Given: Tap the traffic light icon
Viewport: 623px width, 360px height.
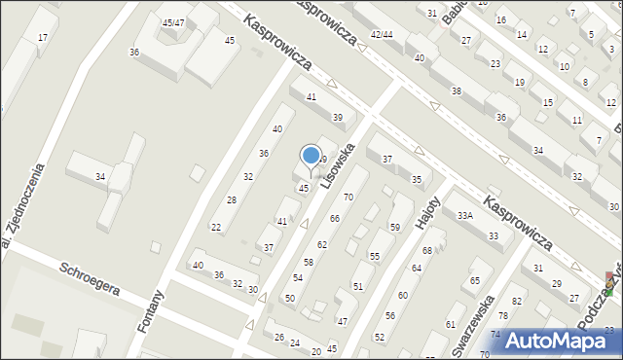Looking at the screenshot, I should pyautogui.click(x=609, y=283).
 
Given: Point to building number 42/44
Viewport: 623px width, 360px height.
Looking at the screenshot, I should pyautogui.click(x=382, y=34).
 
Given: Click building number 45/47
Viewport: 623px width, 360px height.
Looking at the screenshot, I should pyautogui.click(x=174, y=22).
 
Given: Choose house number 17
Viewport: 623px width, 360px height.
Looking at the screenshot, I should pyautogui.click(x=42, y=37).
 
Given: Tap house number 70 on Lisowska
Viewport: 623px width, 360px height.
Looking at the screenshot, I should pyautogui.click(x=348, y=198).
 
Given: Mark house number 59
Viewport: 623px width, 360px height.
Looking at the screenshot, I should pyautogui.click(x=395, y=227).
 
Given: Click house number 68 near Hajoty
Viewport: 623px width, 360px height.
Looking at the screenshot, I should pyautogui.click(x=426, y=251).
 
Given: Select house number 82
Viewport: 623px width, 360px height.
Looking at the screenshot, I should pyautogui.click(x=517, y=302).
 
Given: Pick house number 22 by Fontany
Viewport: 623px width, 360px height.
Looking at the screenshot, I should pyautogui.click(x=216, y=228).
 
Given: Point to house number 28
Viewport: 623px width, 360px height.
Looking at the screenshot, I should pyautogui.click(x=231, y=199).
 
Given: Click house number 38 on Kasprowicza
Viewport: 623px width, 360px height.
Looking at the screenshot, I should pyautogui.click(x=456, y=90).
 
